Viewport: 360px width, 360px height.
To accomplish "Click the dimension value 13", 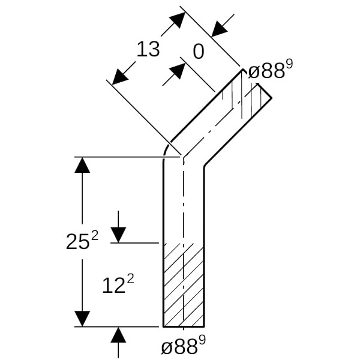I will pos(148,49).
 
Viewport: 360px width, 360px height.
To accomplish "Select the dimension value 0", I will pos(198,52).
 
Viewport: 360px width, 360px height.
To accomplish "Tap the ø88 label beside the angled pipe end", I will pos(266,72).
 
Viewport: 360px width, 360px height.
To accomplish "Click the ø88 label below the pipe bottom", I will pos(179,347).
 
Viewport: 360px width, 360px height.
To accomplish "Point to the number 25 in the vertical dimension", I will pos(77,242).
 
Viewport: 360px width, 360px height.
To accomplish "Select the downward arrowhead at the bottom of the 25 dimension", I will pos(82,319).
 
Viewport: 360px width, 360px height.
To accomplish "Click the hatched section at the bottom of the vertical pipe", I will pos(184,285).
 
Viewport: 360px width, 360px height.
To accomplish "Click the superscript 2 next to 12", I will pos(130,279).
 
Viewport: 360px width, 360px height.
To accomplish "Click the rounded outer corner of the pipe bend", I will pos(167,148).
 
